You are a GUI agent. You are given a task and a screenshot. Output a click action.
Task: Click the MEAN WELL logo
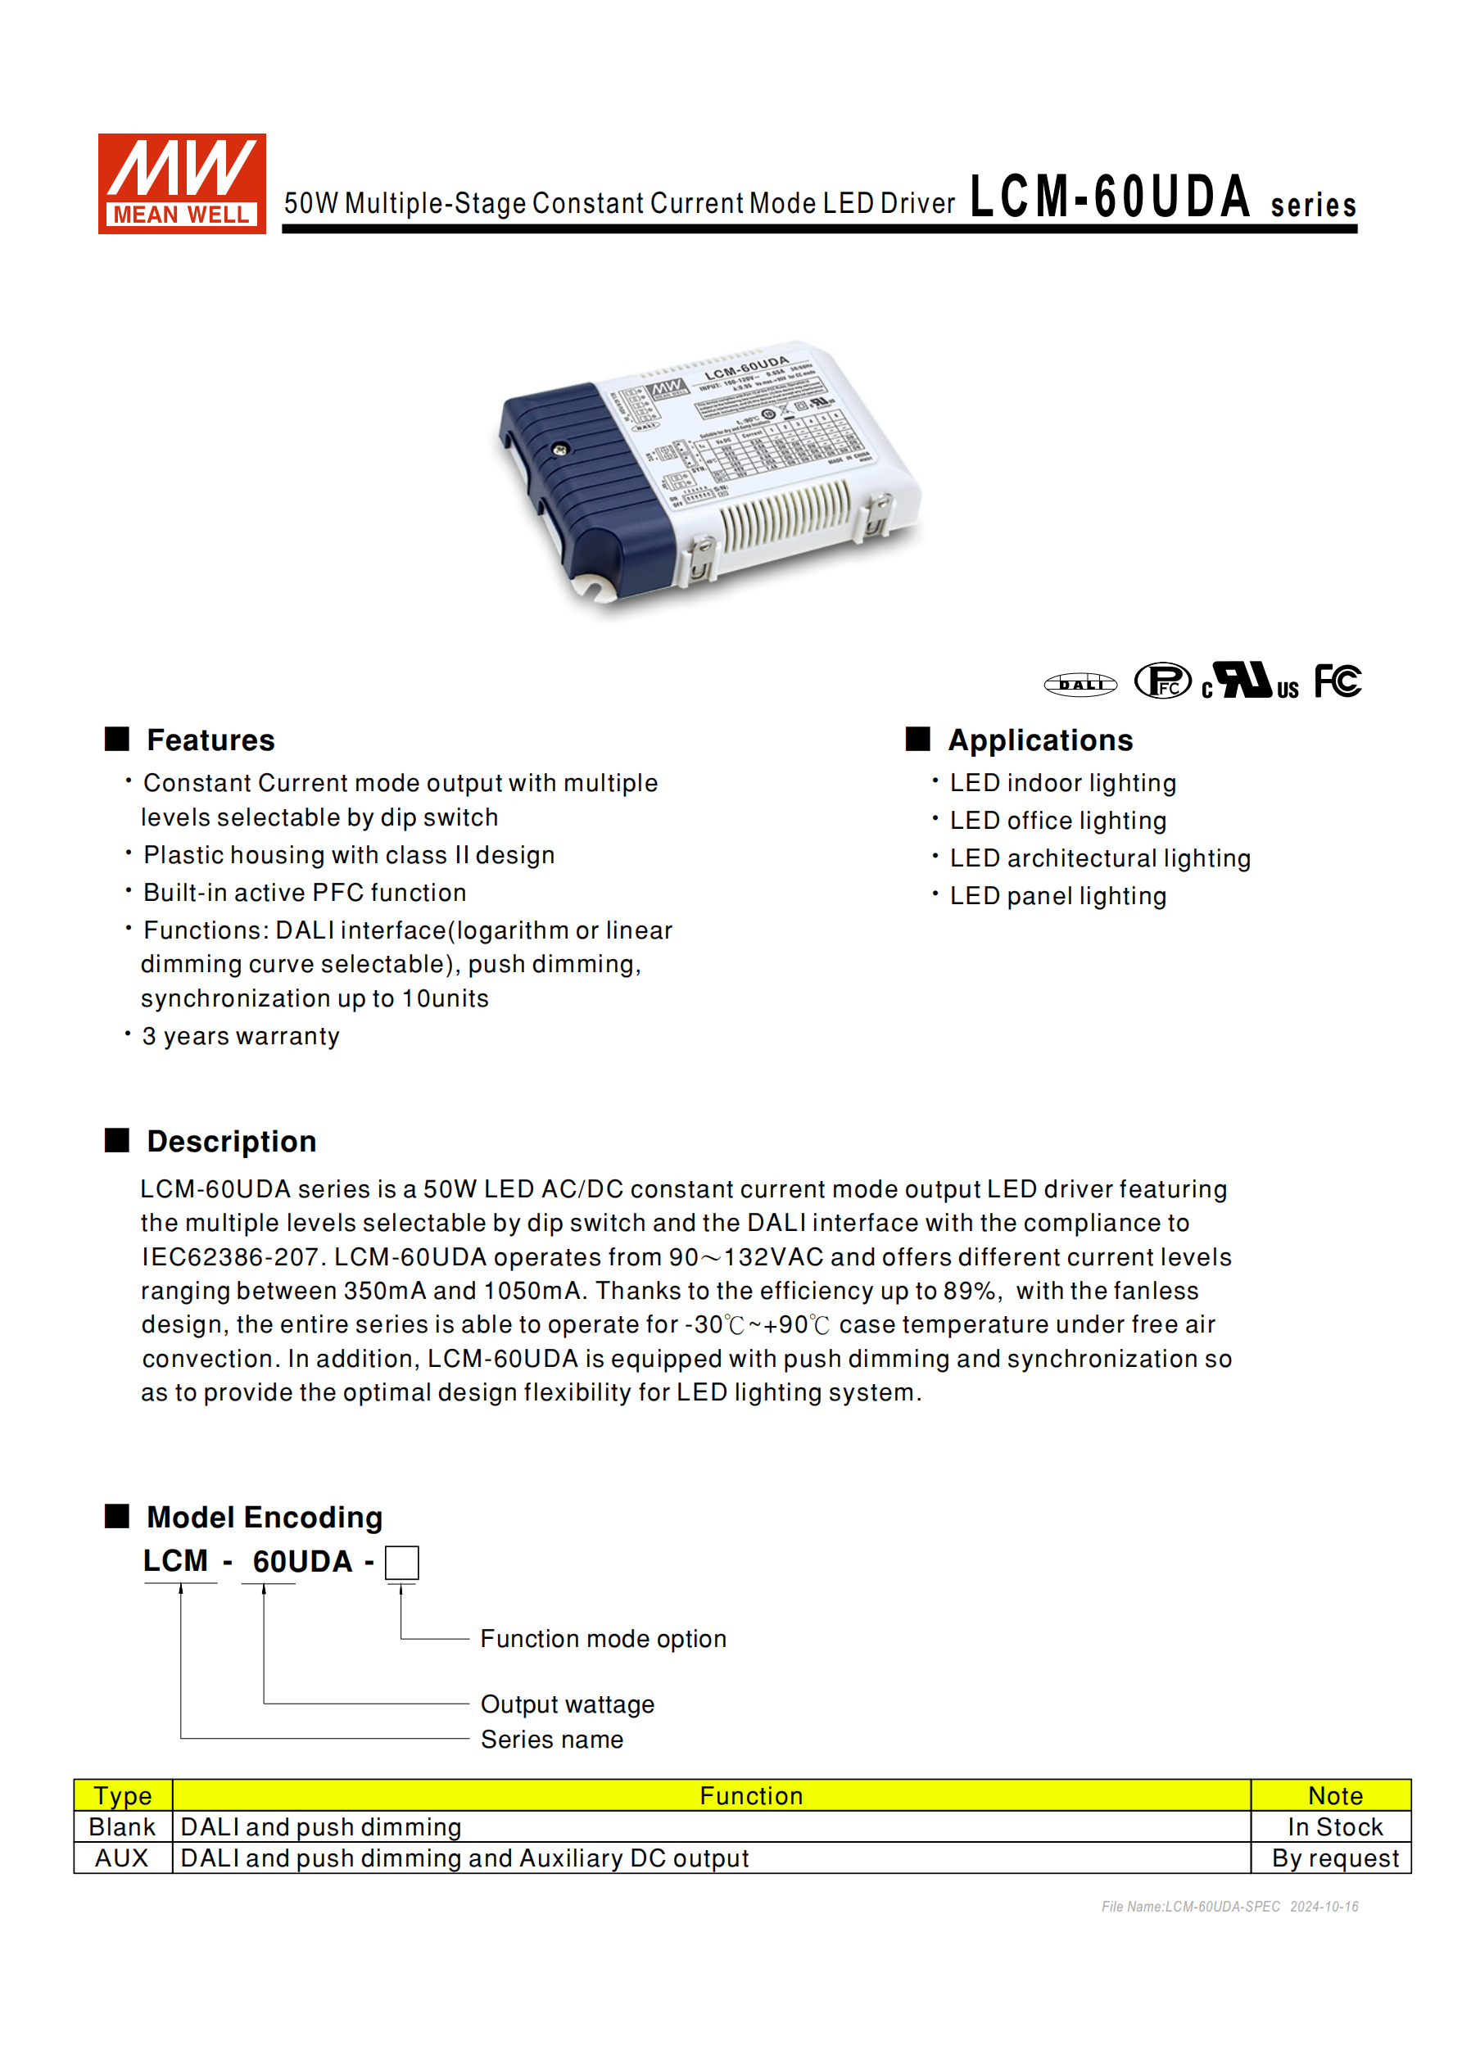point(181,183)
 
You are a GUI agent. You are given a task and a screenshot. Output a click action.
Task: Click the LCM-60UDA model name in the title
point(1110,197)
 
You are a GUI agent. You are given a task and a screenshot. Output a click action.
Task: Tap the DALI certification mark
point(1080,685)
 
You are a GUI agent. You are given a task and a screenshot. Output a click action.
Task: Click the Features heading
point(210,740)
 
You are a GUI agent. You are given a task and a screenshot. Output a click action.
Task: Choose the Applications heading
point(1039,740)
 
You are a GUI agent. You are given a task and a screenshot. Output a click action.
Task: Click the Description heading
point(232,1141)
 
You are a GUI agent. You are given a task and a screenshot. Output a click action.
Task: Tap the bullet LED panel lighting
point(1057,896)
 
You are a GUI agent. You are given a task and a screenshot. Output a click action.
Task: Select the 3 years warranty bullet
point(241,1036)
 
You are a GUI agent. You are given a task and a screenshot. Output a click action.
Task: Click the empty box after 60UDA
point(402,1563)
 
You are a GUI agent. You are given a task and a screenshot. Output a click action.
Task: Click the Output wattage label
point(568,1704)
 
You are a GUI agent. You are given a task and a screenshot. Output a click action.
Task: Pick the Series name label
point(551,1740)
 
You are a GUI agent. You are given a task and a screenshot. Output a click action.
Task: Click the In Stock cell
point(1334,1826)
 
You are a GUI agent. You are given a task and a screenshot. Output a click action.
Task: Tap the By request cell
point(1334,1858)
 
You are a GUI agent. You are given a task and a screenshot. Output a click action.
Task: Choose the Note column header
point(1334,1796)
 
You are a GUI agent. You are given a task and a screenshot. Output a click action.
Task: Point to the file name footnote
point(1229,1907)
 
